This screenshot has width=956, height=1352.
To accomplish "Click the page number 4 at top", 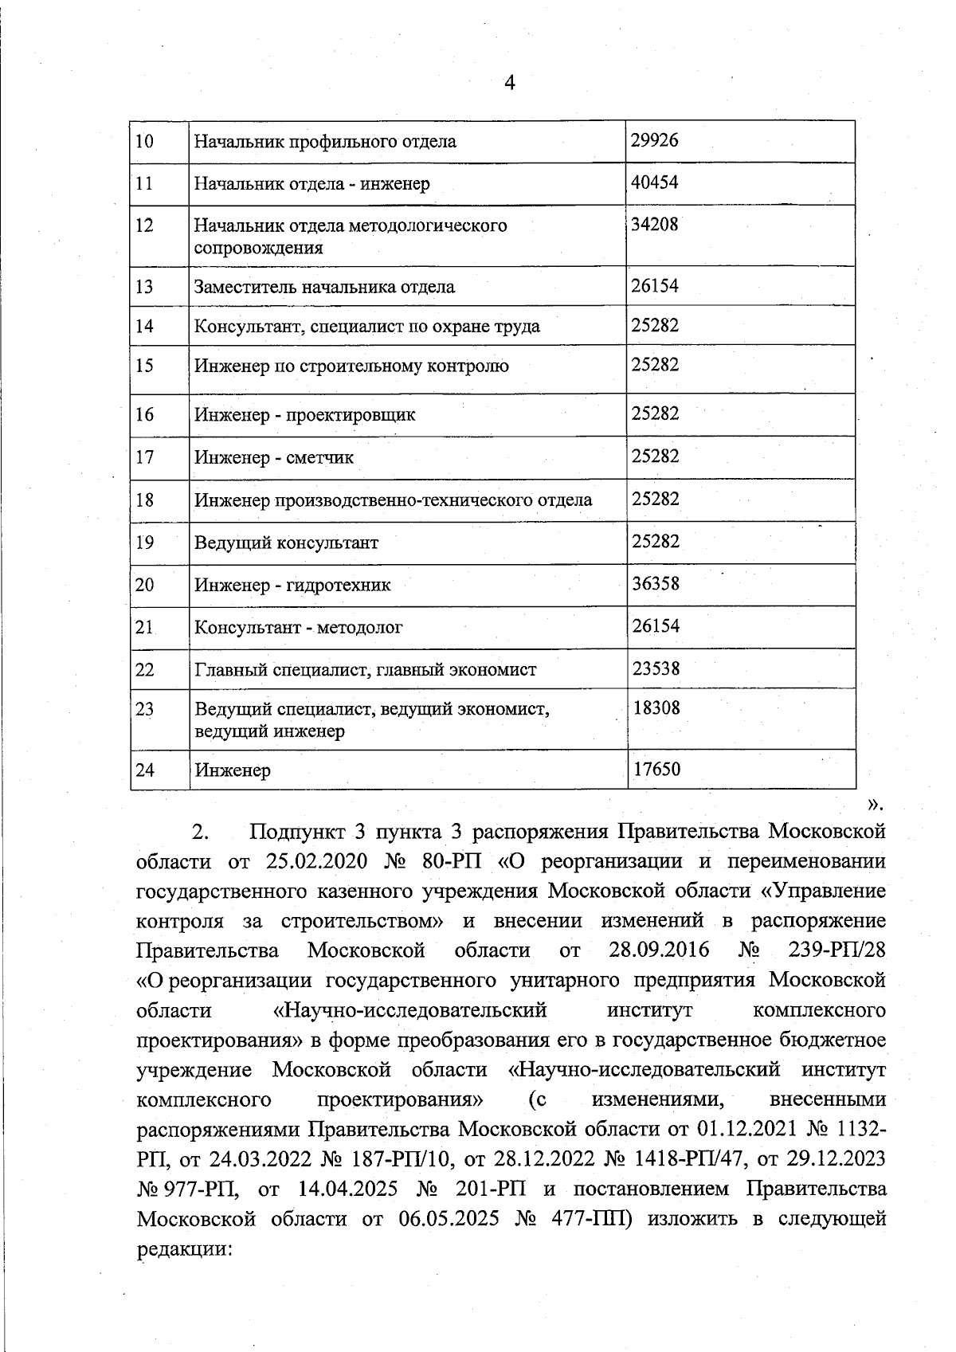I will click(x=510, y=83).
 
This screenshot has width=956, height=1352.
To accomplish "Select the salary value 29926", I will click(x=654, y=141).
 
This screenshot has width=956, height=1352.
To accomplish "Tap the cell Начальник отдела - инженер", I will click(x=312, y=184).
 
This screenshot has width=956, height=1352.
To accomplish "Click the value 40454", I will click(x=654, y=182).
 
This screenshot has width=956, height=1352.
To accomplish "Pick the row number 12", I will click(x=144, y=225).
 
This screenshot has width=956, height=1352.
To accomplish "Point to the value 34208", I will click(x=654, y=225).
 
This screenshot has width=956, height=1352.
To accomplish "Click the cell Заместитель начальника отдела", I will click(x=325, y=287).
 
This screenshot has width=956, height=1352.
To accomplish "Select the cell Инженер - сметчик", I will click(x=274, y=457).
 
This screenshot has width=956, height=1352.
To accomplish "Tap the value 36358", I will click(x=656, y=583).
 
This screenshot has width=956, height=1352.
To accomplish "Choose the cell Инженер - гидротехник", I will click(x=292, y=586).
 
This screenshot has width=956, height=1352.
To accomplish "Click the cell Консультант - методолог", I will click(x=299, y=627).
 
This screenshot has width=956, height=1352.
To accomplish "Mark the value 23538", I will click(x=656, y=668).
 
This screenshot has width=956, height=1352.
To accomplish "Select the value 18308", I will click(x=656, y=707).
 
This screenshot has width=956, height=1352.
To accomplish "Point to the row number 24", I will click(x=144, y=770).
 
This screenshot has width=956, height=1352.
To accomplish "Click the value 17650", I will click(x=656, y=770).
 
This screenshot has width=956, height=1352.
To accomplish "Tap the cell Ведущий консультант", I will click(x=286, y=543).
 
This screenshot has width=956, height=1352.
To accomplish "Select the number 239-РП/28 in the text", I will click(x=836, y=950).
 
